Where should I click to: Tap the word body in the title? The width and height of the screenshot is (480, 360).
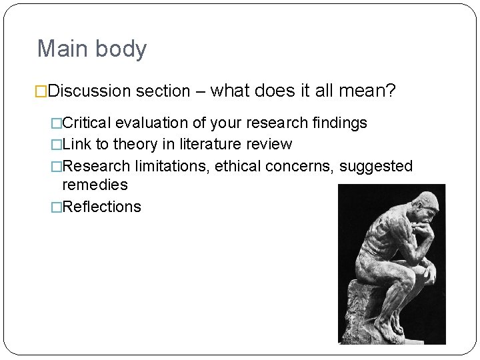point(121,49)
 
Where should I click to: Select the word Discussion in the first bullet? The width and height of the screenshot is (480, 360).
point(90,90)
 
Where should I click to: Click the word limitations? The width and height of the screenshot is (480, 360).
point(172,166)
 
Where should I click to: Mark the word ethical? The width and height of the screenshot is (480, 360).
point(238,166)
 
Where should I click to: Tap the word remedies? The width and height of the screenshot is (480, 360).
point(95,185)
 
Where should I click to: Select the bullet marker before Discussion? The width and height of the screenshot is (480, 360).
point(42,90)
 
